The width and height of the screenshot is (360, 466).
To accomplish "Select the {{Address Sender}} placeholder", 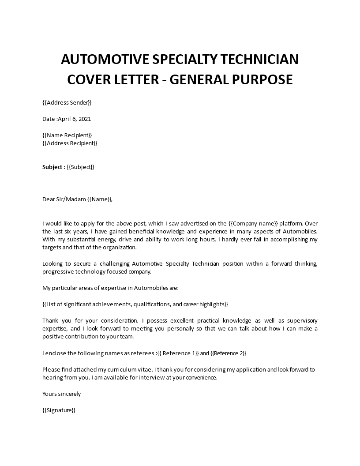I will tap(67, 103).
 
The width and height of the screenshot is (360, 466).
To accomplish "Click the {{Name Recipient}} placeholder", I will tap(67, 135).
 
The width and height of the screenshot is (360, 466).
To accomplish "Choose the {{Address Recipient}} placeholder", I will tap(70, 143).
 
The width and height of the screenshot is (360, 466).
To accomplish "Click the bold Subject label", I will tap(52, 167).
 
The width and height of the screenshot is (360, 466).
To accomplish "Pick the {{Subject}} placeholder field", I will tap(80, 167).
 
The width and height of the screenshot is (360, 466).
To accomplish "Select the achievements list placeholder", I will tap(135, 304).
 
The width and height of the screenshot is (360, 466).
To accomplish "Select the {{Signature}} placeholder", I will tap(59, 410).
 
